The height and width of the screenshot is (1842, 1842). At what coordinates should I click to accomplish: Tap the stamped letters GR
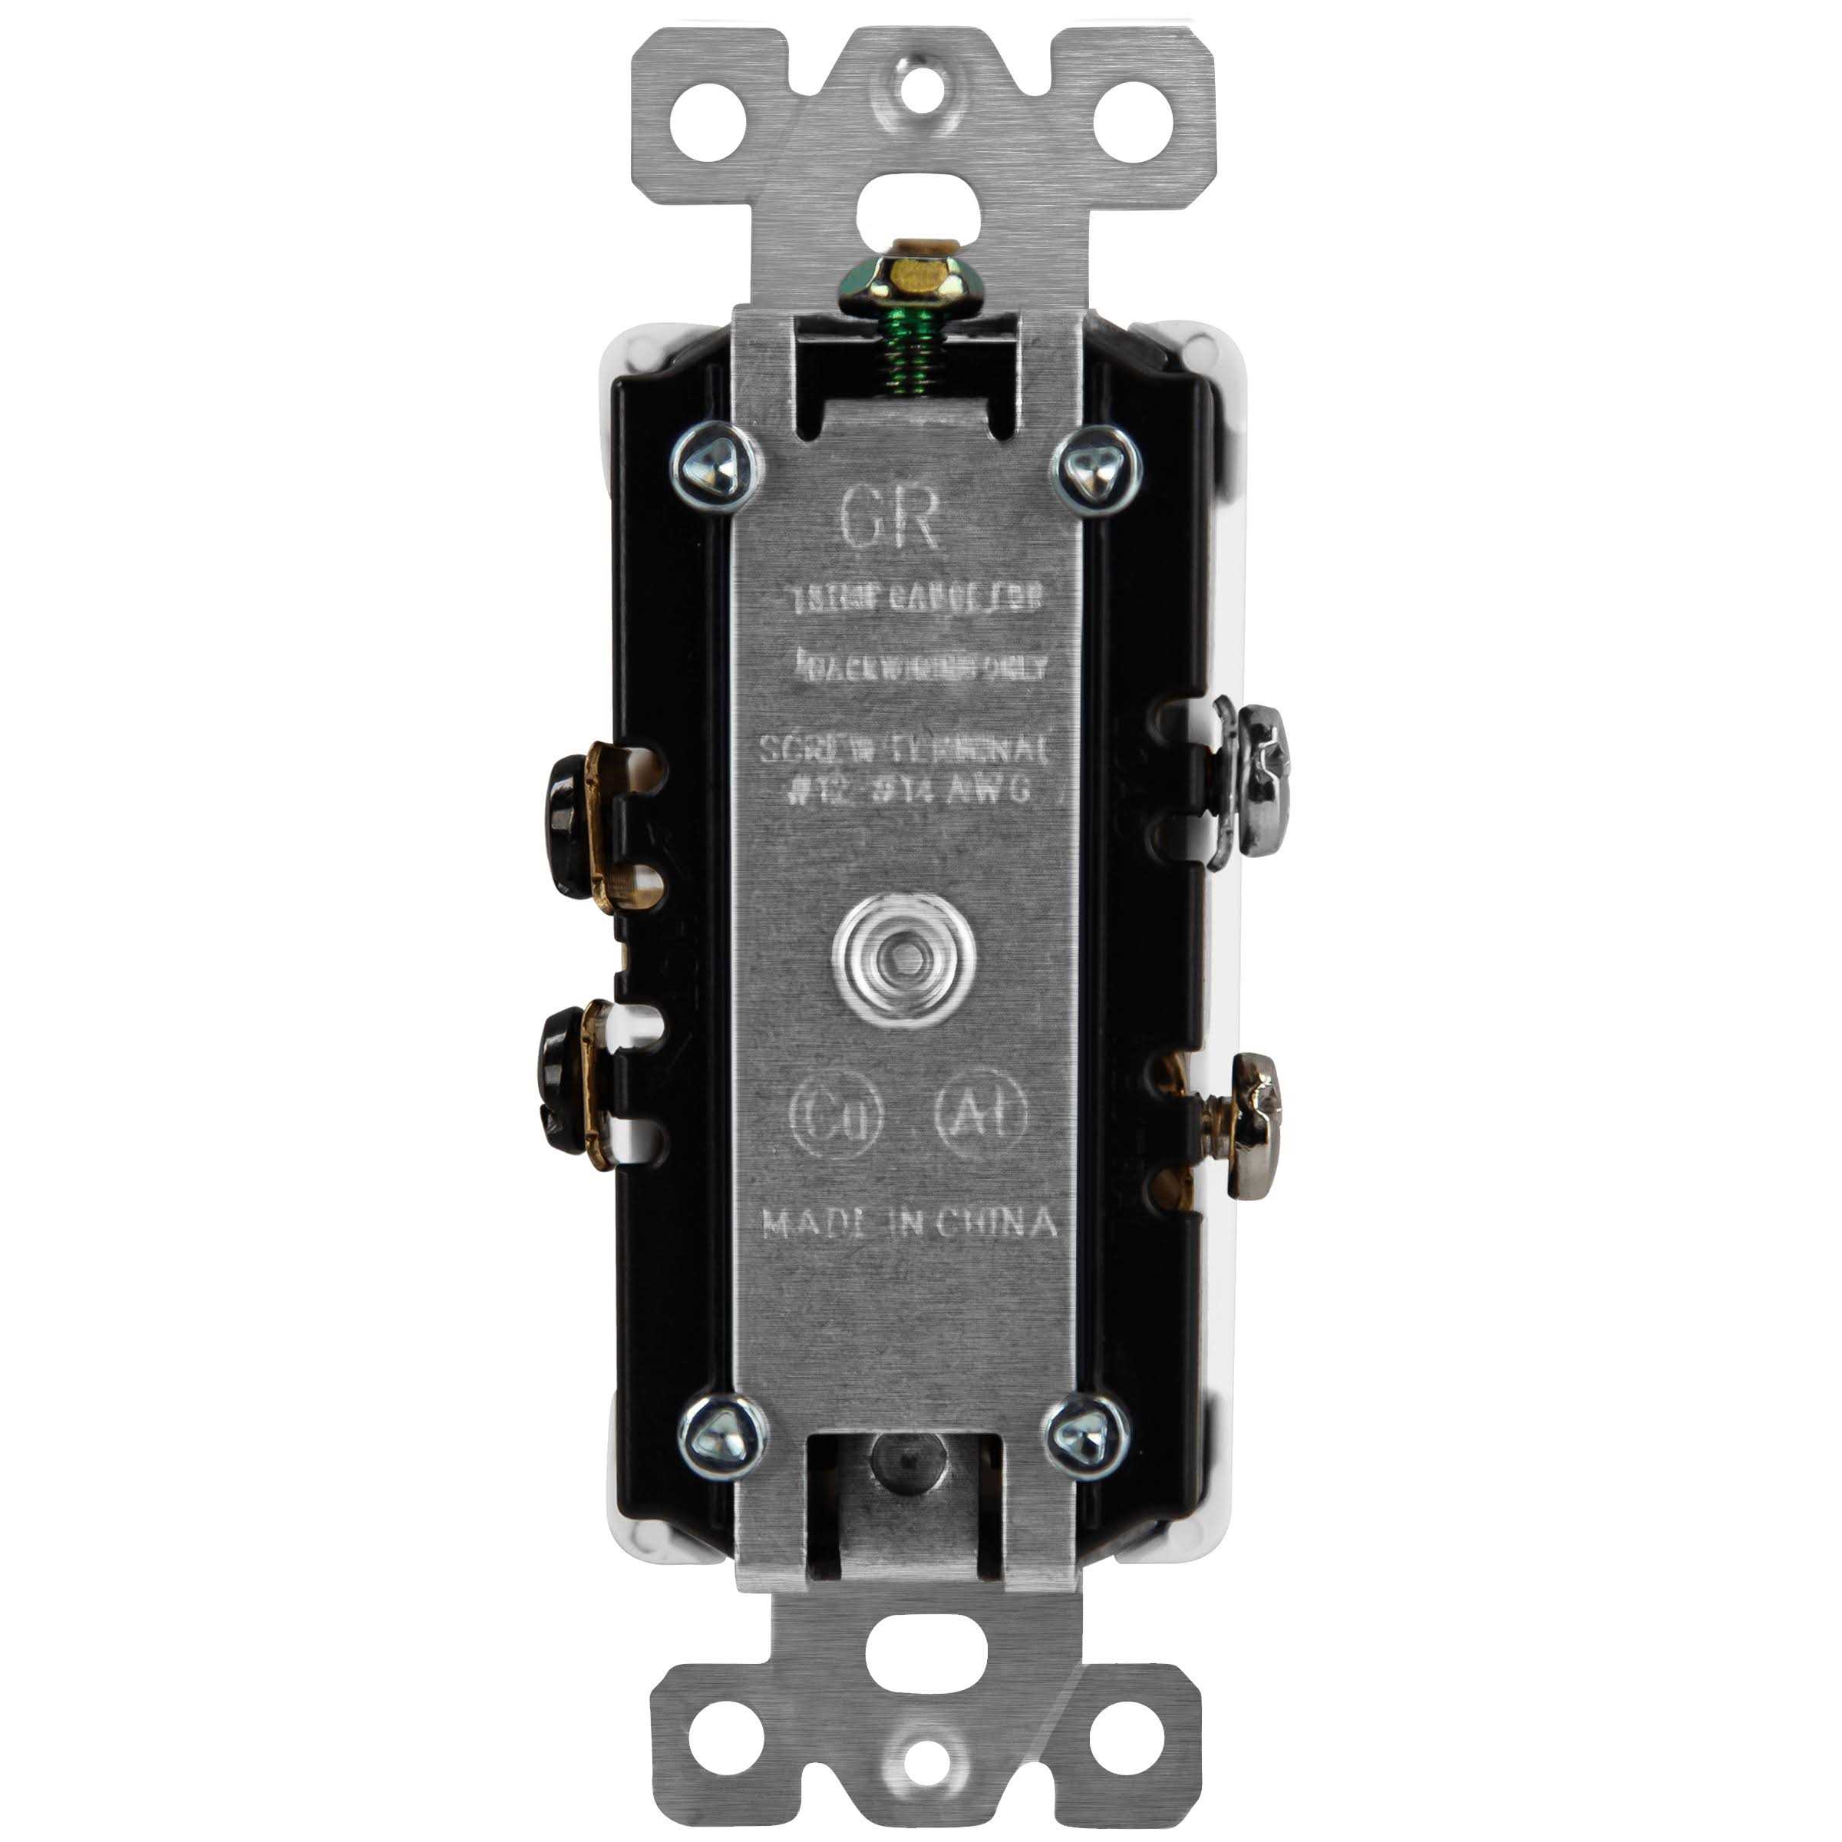tap(890, 520)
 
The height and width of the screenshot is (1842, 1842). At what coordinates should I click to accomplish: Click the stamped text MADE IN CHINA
tap(909, 1224)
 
